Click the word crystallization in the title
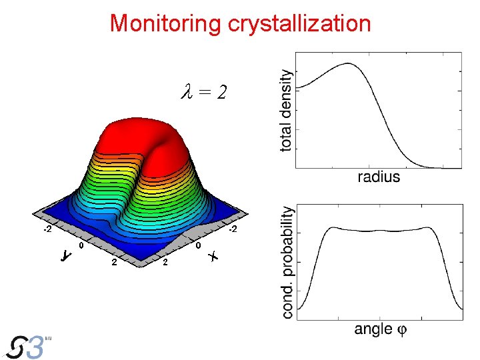(299, 23)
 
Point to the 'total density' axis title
(286, 110)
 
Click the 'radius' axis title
(379, 177)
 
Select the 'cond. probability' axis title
(287, 261)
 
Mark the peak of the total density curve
(347, 64)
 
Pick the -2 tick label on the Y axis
(47, 230)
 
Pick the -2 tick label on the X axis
(232, 230)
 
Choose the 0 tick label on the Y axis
(81, 246)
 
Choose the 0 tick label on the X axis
(199, 246)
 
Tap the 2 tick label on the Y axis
(114, 262)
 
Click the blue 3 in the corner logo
(36, 347)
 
